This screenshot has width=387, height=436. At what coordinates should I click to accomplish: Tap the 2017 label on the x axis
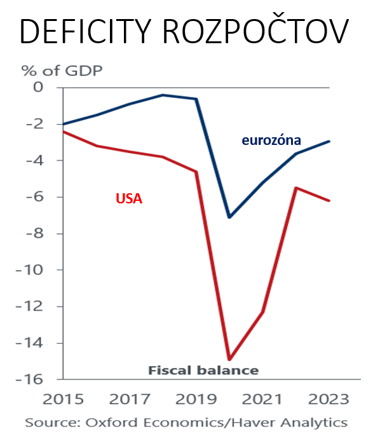(x=130, y=399)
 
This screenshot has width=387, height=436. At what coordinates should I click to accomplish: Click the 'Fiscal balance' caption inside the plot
(x=203, y=370)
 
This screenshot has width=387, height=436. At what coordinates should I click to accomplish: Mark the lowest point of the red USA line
(x=229, y=360)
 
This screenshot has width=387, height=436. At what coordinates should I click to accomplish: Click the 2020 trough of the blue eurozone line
(x=229, y=217)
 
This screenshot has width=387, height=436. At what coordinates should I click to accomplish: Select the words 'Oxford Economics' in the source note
(x=142, y=422)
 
